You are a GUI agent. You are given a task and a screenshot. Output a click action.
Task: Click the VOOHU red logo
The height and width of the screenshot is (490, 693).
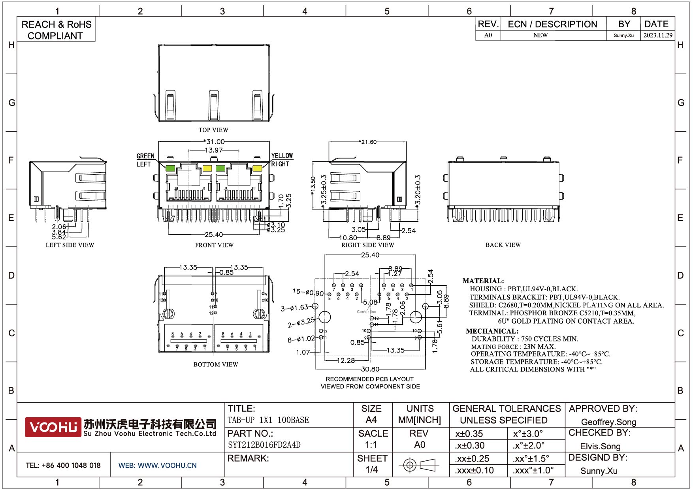(53, 427)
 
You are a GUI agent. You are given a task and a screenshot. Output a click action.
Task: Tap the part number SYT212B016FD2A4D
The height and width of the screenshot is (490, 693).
(264, 445)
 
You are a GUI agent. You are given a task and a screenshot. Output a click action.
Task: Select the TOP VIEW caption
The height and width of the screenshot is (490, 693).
(213, 130)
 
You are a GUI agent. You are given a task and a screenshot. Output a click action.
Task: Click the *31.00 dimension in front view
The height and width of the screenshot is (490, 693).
(214, 141)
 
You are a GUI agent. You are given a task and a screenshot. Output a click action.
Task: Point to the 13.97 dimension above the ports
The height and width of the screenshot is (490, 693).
(214, 150)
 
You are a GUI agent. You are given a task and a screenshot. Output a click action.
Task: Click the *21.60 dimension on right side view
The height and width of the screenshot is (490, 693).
(368, 142)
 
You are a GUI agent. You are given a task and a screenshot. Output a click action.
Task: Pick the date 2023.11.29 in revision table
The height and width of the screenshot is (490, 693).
(657, 35)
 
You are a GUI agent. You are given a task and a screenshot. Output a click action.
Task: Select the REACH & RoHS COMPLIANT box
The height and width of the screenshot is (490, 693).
(56, 30)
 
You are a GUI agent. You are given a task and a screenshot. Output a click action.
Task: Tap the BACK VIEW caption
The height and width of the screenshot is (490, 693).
(503, 245)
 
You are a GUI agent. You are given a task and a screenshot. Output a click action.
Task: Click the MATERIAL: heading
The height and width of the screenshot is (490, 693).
(483, 281)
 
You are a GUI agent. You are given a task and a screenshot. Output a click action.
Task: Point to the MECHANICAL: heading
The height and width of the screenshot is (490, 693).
(492, 331)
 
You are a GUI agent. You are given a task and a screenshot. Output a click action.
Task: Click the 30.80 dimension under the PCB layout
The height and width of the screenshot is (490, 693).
(370, 369)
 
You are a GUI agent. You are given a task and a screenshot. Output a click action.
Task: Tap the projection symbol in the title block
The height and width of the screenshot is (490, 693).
(419, 465)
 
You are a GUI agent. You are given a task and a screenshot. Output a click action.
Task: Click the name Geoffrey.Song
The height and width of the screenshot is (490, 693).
(608, 422)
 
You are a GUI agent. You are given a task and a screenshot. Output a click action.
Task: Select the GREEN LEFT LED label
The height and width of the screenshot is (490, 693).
(145, 160)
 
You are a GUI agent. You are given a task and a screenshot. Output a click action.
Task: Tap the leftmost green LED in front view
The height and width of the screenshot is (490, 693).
(170, 168)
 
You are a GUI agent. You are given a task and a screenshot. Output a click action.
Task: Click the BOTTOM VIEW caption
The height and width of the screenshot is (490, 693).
(216, 364)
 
